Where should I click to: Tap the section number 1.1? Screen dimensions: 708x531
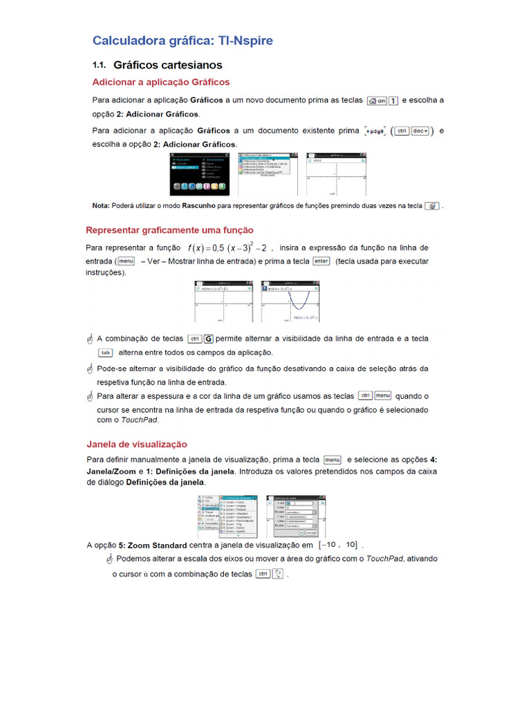pyautogui.click(x=98, y=65)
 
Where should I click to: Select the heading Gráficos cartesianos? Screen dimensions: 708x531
pyautogui.click(x=167, y=65)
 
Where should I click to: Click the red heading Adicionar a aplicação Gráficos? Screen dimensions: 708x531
pyautogui.click(x=161, y=82)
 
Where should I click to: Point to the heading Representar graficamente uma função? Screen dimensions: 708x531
pyautogui.click(x=169, y=230)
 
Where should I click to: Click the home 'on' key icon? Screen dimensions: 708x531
pyautogui.click(x=377, y=100)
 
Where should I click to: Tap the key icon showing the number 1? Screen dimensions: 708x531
pyautogui.click(x=393, y=100)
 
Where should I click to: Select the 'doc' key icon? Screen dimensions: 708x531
pyautogui.click(x=420, y=130)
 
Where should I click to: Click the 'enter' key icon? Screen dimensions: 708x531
pyautogui.click(x=321, y=261)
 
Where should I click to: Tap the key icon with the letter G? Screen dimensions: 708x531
pyautogui.click(x=208, y=339)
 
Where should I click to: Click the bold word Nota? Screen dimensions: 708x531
pyautogui.click(x=101, y=206)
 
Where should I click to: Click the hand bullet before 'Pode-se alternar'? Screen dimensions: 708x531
pyautogui.click(x=89, y=369)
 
